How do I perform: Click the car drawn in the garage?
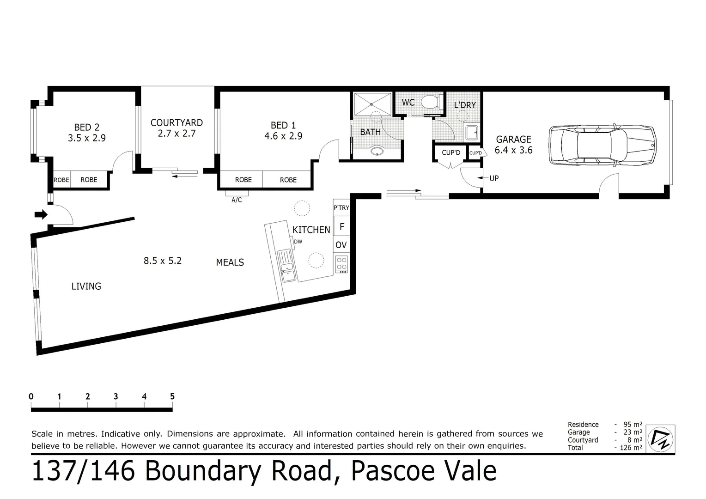click(603, 145)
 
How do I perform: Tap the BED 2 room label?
click(87, 127)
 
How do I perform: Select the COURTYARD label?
click(176, 122)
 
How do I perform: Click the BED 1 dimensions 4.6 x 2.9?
click(283, 136)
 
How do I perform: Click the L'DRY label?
click(464, 105)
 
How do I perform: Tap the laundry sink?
click(472, 133)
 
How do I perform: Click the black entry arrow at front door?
click(41, 214)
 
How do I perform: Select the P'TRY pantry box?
click(341, 208)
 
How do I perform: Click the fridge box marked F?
click(342, 226)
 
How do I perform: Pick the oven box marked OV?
click(341, 245)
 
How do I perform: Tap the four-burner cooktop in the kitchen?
click(341, 263)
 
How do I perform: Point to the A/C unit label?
click(237, 200)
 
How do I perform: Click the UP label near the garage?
click(494, 178)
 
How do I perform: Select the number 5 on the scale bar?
click(172, 396)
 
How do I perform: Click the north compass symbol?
click(661, 438)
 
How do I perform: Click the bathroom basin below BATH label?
click(378, 151)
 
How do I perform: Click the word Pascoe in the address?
click(393, 471)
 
